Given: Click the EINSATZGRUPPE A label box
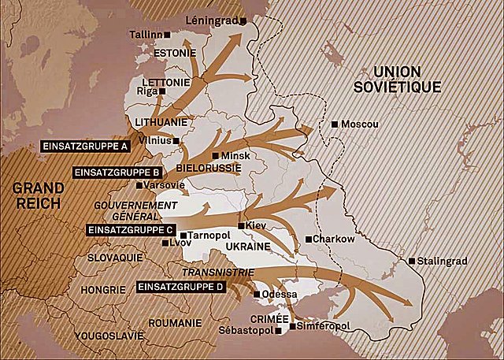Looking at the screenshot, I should click(x=85, y=147).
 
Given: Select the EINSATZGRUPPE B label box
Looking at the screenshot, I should click(x=117, y=172).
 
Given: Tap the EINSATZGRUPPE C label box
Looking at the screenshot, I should click(x=129, y=230).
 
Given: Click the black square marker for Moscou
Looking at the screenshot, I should click(x=335, y=124).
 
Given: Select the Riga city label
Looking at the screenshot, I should click(x=147, y=91).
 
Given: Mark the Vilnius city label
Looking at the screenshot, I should click(x=154, y=140).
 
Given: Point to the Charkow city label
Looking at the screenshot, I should click(x=335, y=239).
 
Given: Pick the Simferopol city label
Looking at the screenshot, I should click(x=321, y=325).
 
